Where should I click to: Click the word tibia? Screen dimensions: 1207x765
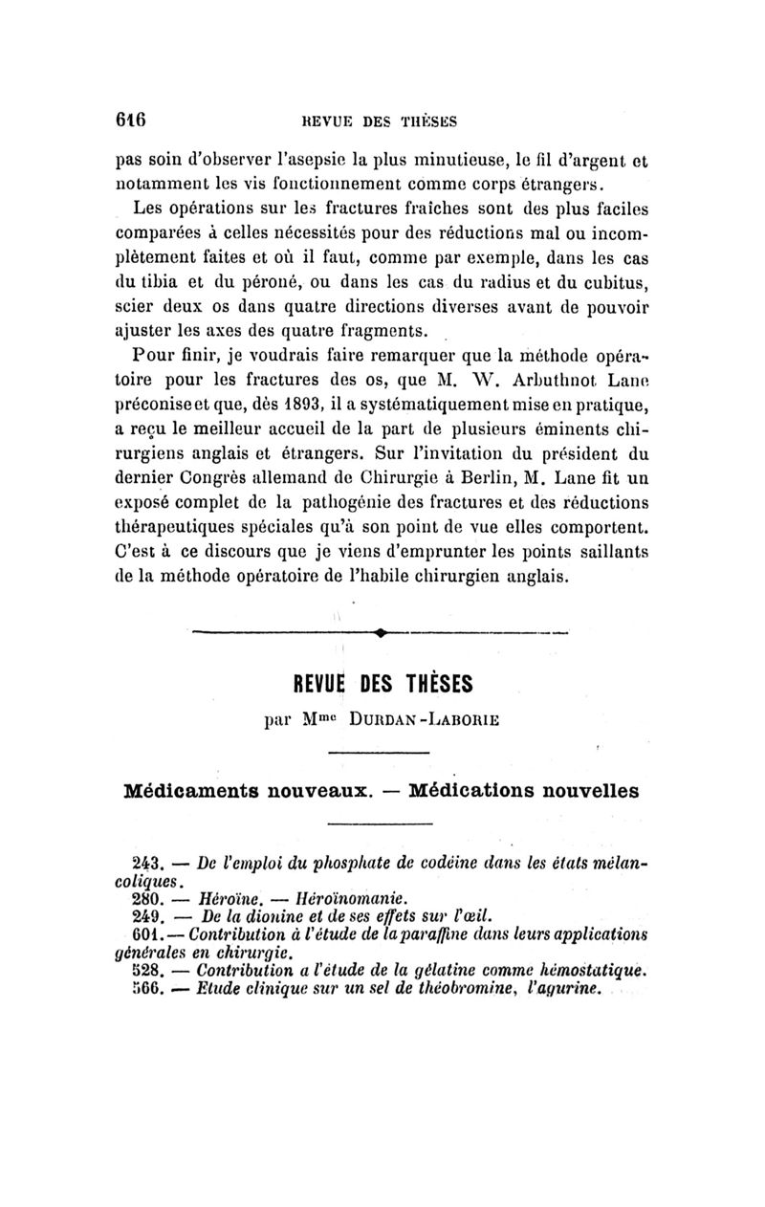169,279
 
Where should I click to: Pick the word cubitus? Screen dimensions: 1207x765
610,279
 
